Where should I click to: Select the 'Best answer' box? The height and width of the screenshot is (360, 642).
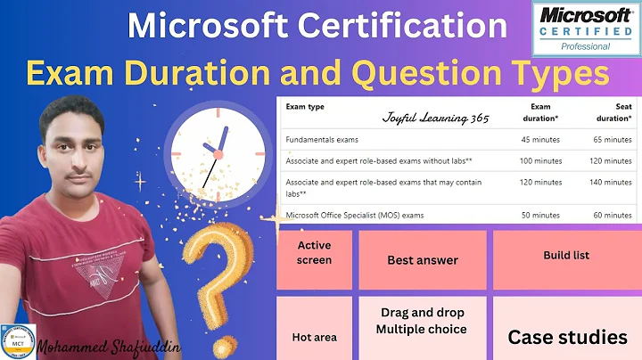pos(423,260)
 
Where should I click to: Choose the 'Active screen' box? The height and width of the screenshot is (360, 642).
pos(314,253)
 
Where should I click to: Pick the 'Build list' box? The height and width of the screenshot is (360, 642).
pos(566,256)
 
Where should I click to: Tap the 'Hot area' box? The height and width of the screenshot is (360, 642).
pos(314,337)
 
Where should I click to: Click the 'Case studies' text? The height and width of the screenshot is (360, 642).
pos(567,337)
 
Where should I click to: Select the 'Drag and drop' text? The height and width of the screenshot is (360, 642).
pos(423,313)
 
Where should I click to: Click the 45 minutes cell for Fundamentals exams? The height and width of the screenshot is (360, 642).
pos(541,140)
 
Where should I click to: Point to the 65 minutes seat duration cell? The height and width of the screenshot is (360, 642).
pos(611,140)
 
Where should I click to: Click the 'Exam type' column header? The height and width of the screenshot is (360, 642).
pos(305,107)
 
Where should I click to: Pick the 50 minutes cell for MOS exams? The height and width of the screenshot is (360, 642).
pos(541,215)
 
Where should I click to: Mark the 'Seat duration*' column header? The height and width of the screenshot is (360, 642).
pos(613,111)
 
